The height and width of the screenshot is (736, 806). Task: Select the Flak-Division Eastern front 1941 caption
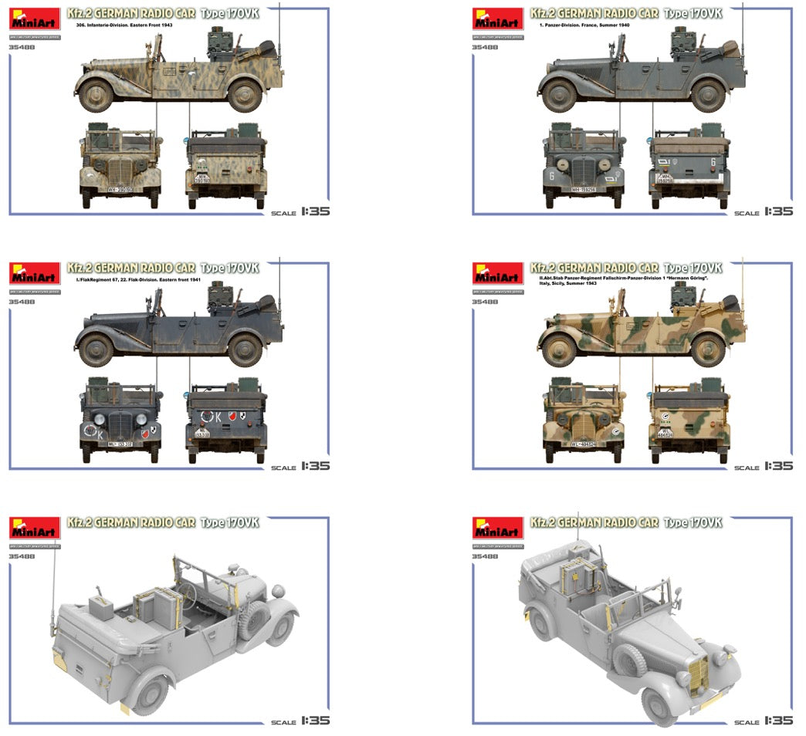[x=134, y=279]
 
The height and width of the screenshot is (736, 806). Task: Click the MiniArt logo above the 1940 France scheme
[x=498, y=19]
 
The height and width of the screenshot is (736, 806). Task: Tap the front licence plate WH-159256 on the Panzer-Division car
[x=588, y=189]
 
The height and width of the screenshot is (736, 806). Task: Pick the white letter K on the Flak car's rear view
[x=218, y=417]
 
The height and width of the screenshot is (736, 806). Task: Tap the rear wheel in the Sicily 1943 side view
[x=708, y=350]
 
